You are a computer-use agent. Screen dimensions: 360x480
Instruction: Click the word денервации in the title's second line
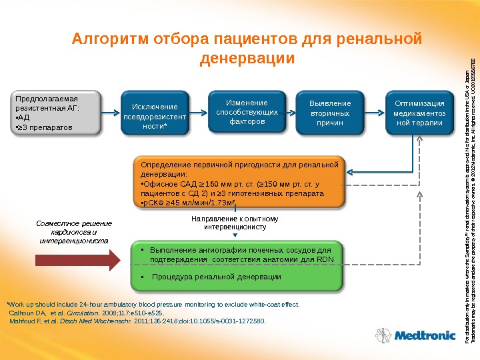point(247,59)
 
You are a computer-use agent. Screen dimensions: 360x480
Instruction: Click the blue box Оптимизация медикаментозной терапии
point(419,113)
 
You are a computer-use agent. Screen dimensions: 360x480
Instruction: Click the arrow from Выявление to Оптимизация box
point(376,113)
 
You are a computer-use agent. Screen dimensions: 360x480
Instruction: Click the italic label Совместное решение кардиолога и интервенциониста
point(74,231)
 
